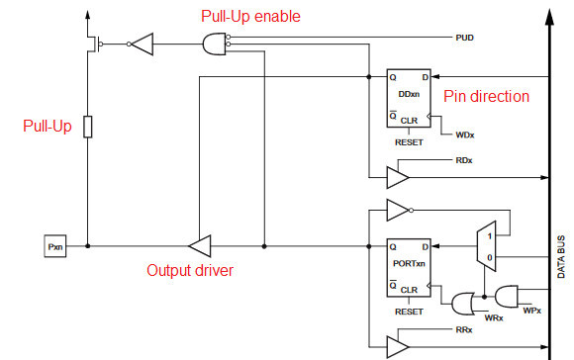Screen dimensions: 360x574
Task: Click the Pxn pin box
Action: point(54,244)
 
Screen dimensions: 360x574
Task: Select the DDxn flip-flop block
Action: point(409,98)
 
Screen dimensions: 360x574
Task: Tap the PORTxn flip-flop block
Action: point(409,266)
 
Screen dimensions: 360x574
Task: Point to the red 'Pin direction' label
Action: point(486,96)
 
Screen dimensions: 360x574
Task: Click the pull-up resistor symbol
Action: point(87,127)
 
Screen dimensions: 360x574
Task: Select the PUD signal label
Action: point(464,37)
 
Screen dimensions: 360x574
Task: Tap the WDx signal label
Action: point(465,134)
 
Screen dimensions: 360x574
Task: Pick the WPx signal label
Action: point(531,310)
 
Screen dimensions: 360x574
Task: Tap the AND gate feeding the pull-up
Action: point(214,44)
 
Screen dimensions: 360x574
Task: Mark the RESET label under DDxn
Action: point(409,142)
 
